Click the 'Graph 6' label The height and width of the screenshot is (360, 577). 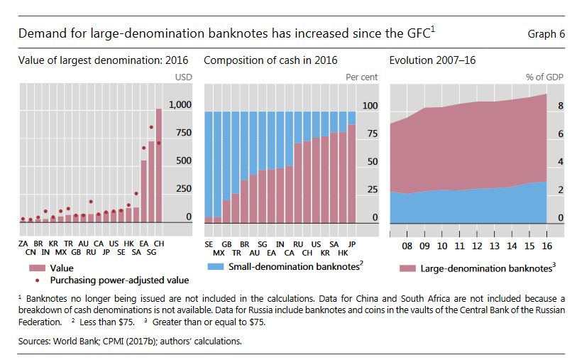tap(546, 34)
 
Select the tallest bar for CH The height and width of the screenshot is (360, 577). tap(159, 165)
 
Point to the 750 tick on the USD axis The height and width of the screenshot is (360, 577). tap(182, 133)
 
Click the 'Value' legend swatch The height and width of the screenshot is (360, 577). tap(33, 269)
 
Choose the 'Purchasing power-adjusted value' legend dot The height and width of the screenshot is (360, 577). tap(33, 280)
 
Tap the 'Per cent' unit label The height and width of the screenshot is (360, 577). tap(361, 77)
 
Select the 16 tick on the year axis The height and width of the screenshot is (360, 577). tap(546, 246)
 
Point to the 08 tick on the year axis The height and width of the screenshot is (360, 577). tap(407, 246)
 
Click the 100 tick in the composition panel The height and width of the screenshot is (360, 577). tap(370, 105)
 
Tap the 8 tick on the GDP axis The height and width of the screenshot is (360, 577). tap(560, 105)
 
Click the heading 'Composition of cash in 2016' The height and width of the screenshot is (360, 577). tap(270, 60)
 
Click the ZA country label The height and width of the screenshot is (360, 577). tap(23, 243)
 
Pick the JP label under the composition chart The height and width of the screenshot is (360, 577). tap(351, 243)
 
